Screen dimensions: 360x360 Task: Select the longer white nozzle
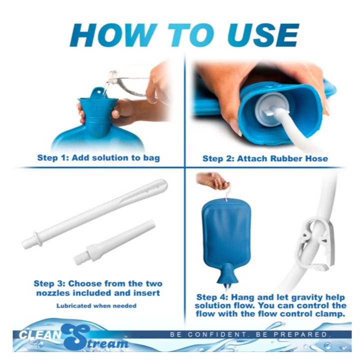point(94,214)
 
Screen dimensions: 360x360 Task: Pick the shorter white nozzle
point(114,242)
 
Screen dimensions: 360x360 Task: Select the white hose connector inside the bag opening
point(272,108)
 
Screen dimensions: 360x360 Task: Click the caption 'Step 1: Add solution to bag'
point(98,158)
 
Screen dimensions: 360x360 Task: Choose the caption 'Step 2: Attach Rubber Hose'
point(265,158)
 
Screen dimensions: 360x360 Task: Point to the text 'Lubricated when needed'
point(96,305)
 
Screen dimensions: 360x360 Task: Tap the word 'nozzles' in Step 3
point(52,293)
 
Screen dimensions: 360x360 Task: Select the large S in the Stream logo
point(74,337)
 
